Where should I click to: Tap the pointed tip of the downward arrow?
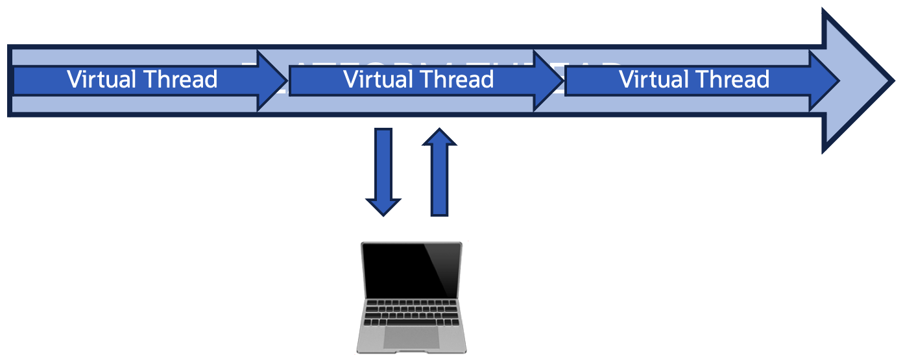[x=383, y=213]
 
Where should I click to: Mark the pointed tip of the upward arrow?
[x=440, y=130]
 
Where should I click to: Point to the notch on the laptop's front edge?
[x=411, y=352]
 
